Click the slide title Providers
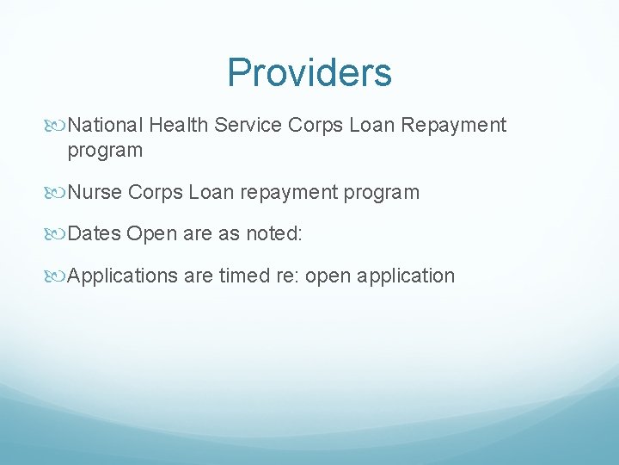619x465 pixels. [309, 72]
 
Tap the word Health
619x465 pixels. [178, 126]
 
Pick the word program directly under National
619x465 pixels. [105, 151]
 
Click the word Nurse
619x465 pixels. [95, 192]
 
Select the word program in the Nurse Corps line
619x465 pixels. [379, 192]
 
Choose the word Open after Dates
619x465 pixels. [151, 234]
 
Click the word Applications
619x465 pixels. [123, 276]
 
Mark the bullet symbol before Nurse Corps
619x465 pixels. [58, 193]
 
